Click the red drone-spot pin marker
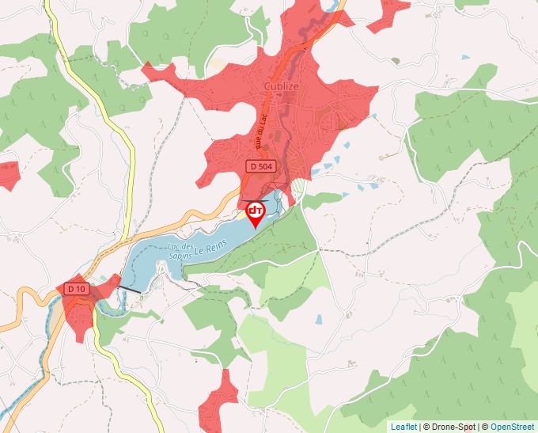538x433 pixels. point(256,213)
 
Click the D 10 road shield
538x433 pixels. point(77,289)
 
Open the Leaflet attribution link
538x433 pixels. point(403,427)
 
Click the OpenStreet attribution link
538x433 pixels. point(512,427)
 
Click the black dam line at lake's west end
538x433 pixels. point(130,291)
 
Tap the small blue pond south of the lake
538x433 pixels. point(318,320)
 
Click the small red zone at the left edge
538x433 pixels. point(8,174)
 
